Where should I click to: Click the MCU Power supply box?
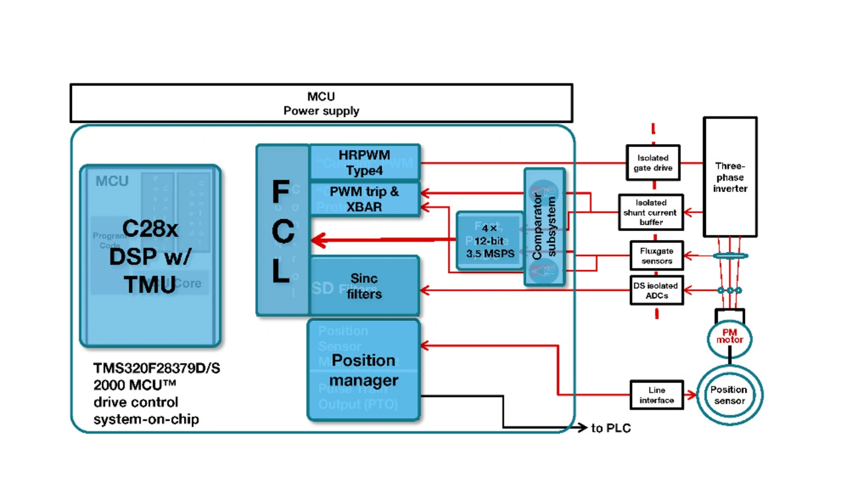(321, 103)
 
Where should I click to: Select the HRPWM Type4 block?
(365, 163)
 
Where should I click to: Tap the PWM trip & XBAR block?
(365, 199)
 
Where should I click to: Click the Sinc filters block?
(365, 286)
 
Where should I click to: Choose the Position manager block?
(363, 370)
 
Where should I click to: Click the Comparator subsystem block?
(544, 226)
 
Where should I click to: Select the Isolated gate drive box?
(653, 163)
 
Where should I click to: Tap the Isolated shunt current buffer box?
(651, 212)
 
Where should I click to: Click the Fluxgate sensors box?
(656, 256)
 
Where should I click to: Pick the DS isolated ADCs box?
(656, 290)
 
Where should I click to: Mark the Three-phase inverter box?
(730, 177)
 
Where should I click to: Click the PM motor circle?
(729, 336)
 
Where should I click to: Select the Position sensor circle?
(729, 395)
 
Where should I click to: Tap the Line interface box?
(656, 395)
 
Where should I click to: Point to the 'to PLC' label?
(611, 429)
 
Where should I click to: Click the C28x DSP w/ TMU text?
(150, 256)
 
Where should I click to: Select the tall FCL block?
(282, 230)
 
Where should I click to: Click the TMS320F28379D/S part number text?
(157, 369)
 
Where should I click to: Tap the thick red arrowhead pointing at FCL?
(318, 241)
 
